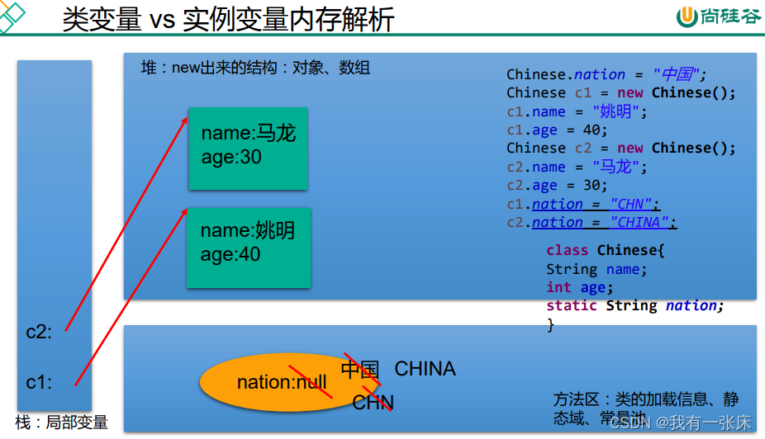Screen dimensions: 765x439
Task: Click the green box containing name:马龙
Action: pos(248,148)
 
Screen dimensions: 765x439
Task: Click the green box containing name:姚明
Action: pos(248,247)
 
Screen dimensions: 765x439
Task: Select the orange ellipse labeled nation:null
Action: pos(281,382)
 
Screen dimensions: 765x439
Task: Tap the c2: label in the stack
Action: pos(39,333)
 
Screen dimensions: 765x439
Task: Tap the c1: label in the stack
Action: pos(39,382)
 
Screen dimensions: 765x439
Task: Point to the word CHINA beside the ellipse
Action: pos(425,369)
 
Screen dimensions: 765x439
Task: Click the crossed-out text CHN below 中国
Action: pos(373,403)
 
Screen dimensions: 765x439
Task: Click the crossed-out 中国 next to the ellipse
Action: pos(360,369)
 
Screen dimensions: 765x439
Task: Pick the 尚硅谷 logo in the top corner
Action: pos(718,17)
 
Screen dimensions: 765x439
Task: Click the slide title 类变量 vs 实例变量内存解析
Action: pos(228,19)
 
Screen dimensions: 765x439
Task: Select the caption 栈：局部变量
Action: pos(62,422)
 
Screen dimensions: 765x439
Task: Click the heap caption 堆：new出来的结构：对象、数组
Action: pos(255,68)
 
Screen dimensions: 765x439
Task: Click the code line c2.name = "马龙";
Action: pos(577,168)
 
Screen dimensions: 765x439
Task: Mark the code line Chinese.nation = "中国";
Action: pos(607,74)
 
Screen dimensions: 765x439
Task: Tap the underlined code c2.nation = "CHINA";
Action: pos(592,223)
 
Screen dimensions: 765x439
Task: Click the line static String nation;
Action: pos(634,305)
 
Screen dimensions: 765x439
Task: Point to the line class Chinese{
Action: pos(605,250)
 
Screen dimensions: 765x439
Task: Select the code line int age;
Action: pos(579,287)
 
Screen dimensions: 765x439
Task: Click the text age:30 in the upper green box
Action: pos(231,157)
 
